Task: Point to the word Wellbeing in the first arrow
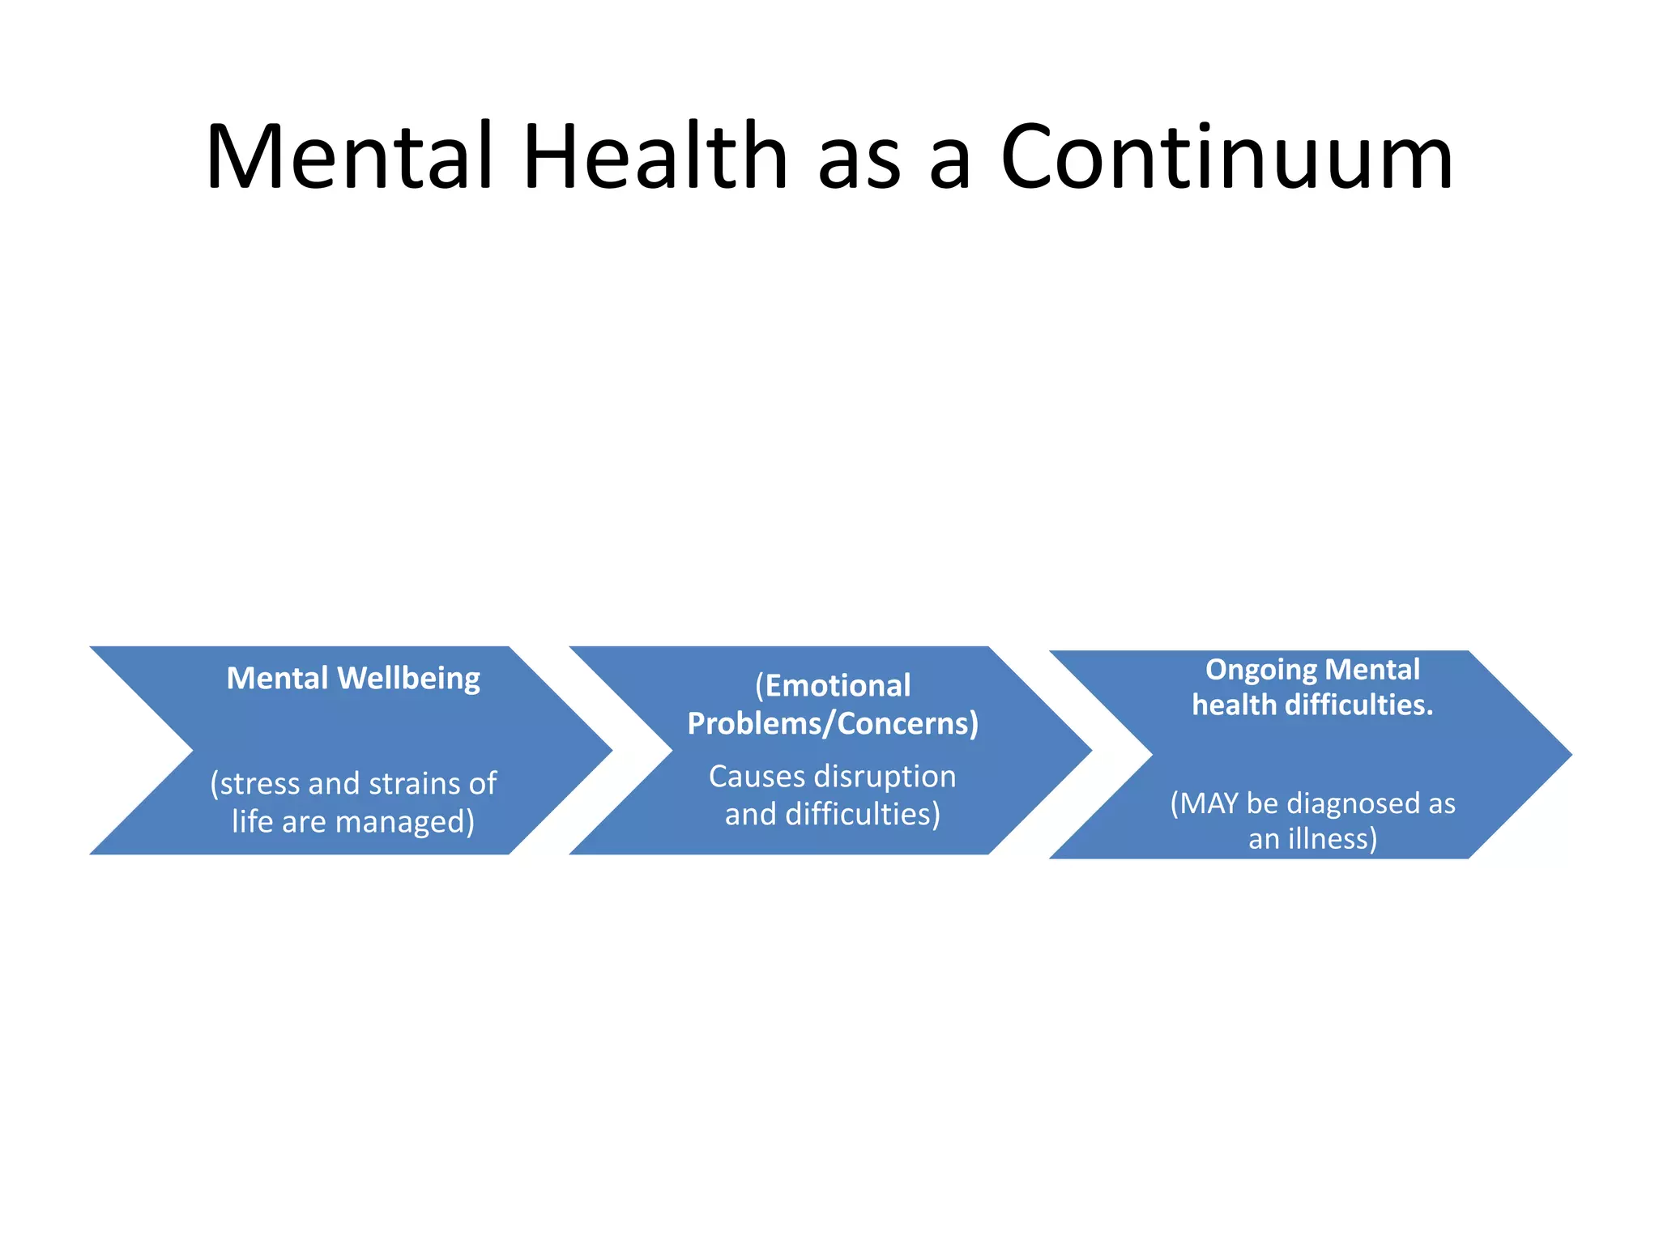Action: [x=408, y=679]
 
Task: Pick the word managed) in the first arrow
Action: [x=405, y=821]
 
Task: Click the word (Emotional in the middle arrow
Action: [x=833, y=686]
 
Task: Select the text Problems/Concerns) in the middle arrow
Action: [x=833, y=723]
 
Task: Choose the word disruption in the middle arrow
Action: [x=885, y=776]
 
